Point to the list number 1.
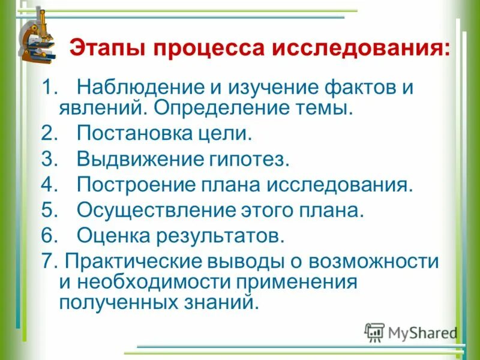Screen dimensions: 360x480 (47, 88)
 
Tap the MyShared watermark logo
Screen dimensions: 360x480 (411, 332)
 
